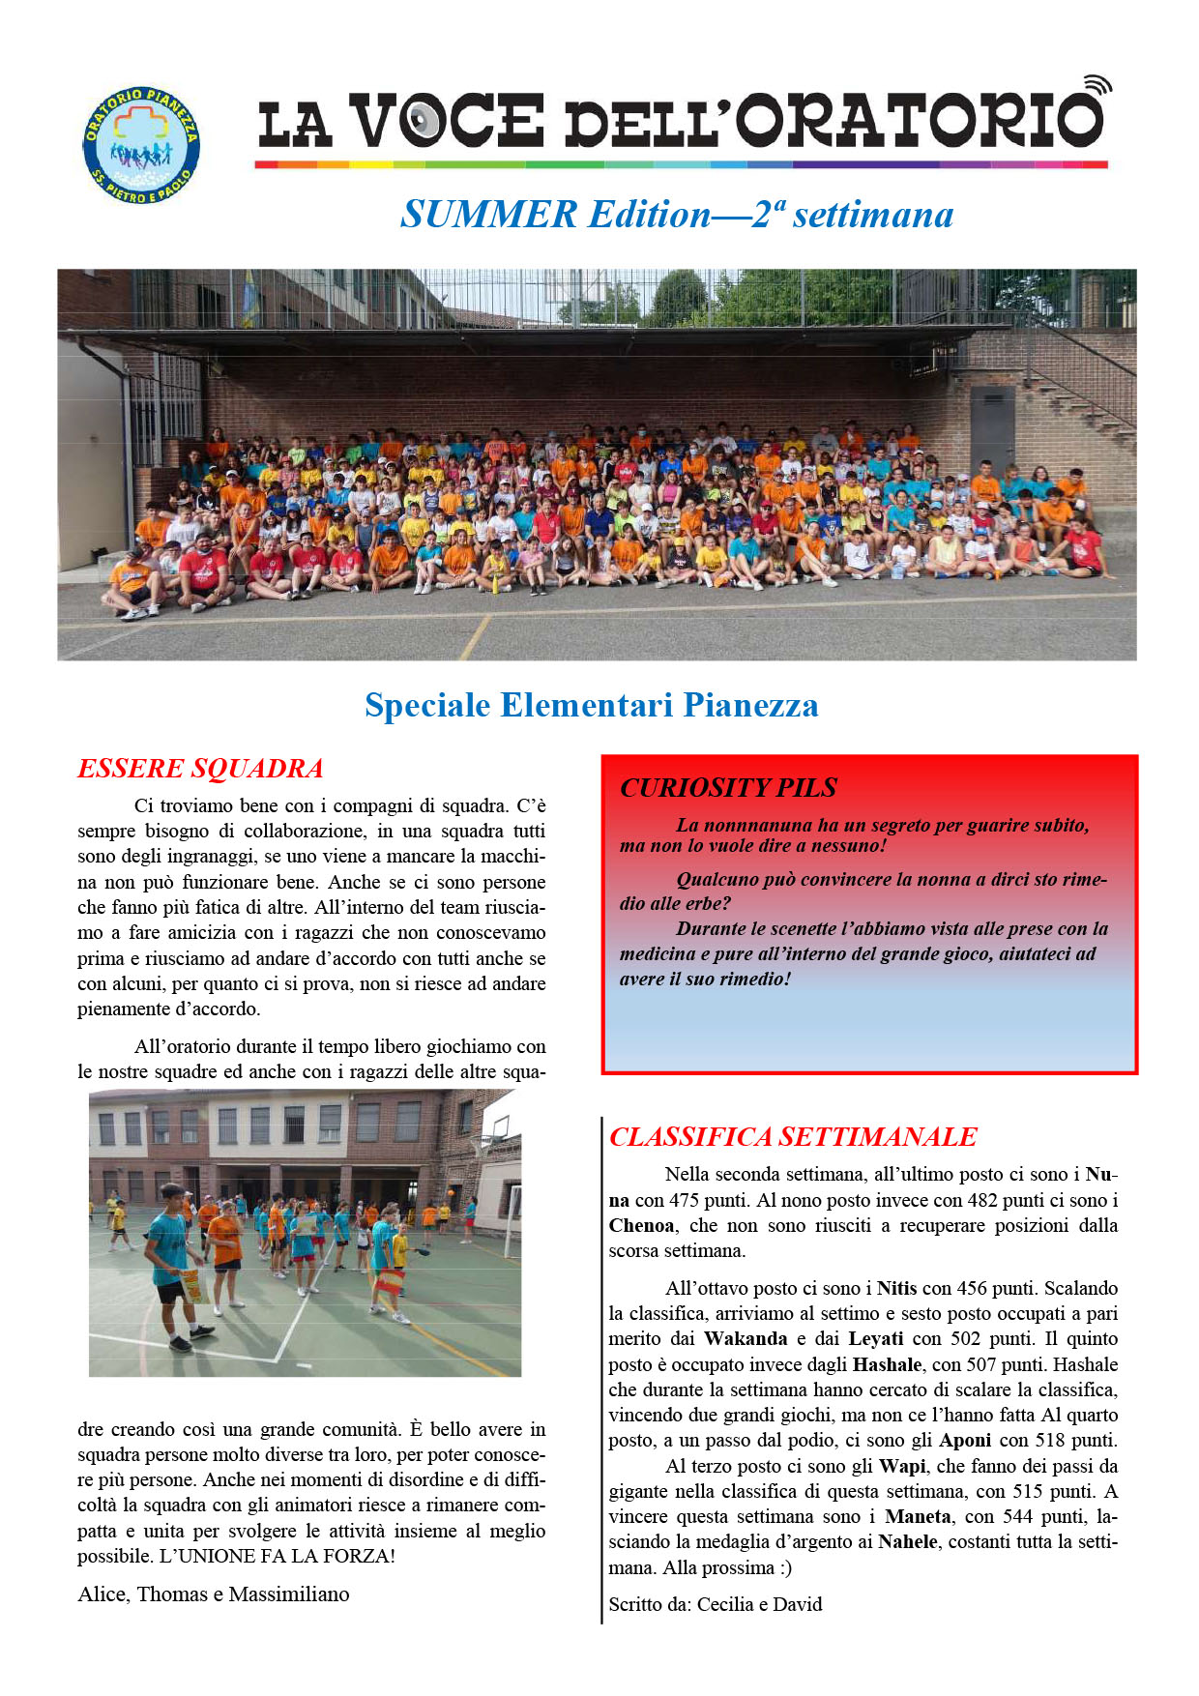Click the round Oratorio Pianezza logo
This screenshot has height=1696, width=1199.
coord(141,145)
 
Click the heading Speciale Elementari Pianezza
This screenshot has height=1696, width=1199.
coord(591,705)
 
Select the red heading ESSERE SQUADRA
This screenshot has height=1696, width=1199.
coord(200,769)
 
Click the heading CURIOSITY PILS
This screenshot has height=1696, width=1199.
coord(728,788)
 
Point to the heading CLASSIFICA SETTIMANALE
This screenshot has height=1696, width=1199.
coord(793,1137)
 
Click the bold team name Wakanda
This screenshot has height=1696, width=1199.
coord(746,1339)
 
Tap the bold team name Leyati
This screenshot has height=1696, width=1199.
coord(876,1339)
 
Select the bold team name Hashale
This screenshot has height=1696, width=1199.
coord(887,1365)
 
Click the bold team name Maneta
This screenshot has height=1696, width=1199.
coord(918,1517)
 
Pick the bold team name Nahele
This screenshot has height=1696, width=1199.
coord(907,1542)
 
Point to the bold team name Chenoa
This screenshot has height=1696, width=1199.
coord(641,1226)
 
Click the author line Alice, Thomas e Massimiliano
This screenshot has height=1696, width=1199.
coord(214,1594)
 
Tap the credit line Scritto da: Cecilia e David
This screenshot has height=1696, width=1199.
coord(716,1605)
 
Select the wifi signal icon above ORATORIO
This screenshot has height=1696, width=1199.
coord(1097,85)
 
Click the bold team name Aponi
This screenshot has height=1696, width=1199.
coord(965,1441)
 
